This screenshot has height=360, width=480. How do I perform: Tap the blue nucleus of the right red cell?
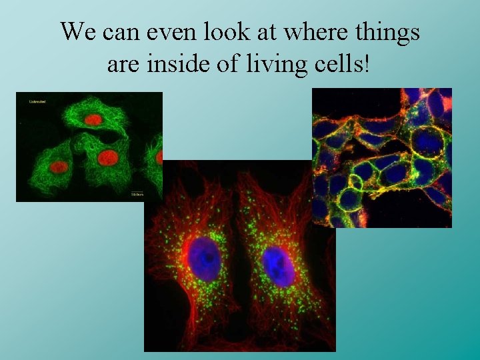pos(278,265)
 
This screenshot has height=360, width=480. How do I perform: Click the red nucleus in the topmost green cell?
pos(93,120)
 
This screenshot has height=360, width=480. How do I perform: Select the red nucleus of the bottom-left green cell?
pos(60,167)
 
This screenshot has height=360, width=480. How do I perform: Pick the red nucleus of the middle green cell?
pos(107,158)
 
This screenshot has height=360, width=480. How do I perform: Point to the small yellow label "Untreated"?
pos(37,102)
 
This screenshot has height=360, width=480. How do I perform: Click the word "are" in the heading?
pos(121,65)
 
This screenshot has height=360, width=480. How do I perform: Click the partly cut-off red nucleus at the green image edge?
pos(159,157)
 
